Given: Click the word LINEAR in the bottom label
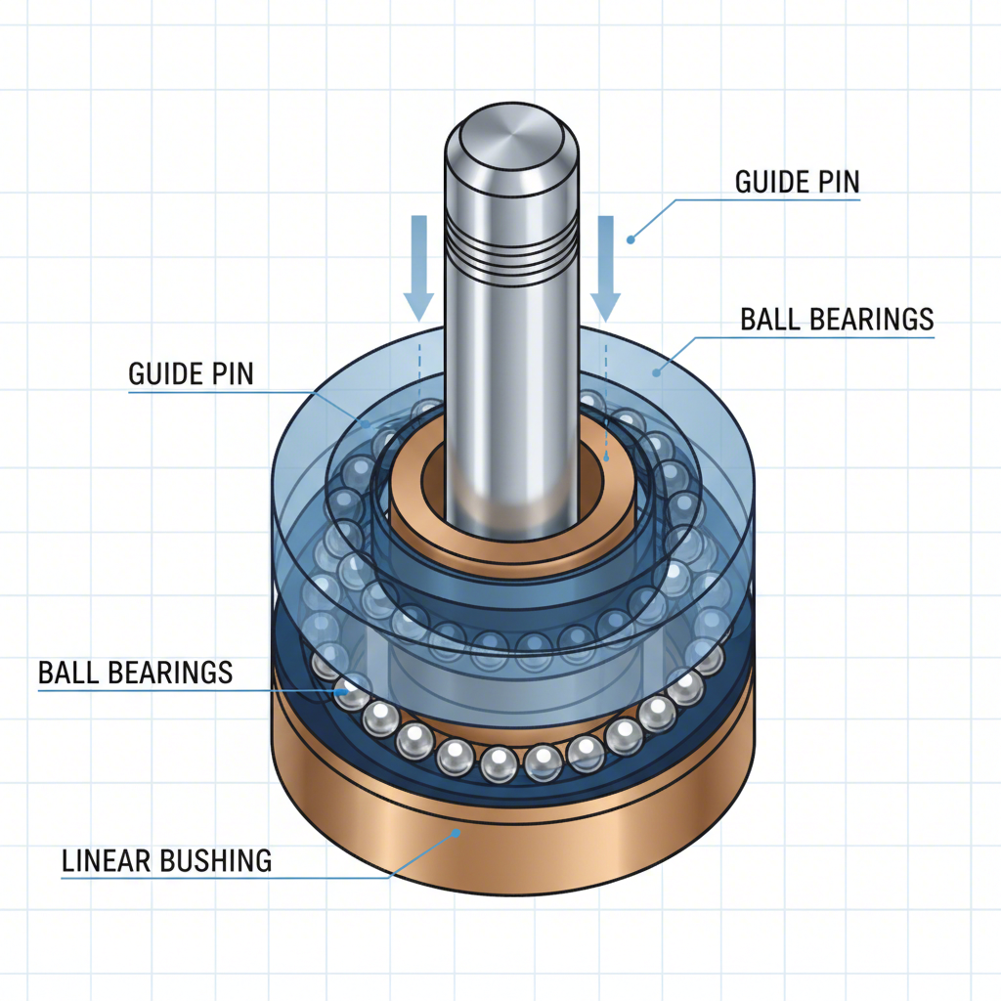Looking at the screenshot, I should point(104,860).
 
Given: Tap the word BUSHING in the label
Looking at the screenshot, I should point(213,860).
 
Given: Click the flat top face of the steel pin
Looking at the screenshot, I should point(507,133).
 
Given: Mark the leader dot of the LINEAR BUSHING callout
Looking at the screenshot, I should point(456,832).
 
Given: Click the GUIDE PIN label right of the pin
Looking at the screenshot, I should point(796,183).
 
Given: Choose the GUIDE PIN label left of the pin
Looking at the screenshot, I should point(191,373).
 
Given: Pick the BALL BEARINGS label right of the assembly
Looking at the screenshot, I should point(837,320).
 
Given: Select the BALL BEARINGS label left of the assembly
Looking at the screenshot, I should point(135,673).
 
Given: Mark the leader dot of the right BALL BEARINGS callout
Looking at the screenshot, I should point(656,370).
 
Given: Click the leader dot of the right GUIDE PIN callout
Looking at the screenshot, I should point(631,238).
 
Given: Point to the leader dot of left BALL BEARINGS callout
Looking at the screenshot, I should point(341,691).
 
